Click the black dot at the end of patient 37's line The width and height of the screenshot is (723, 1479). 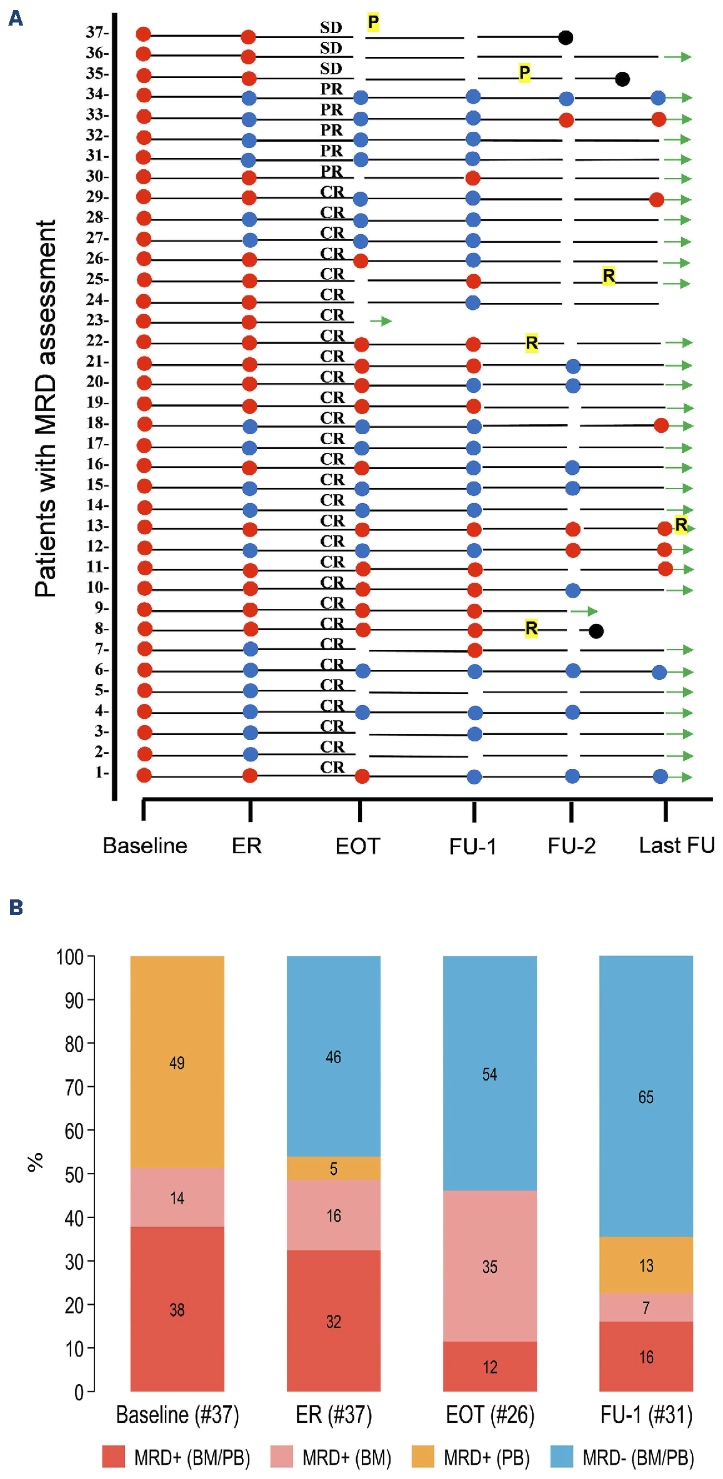(565, 37)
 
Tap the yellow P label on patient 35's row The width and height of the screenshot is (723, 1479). (524, 73)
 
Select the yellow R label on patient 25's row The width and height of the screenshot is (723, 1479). (609, 275)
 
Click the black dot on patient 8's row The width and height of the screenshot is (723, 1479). (596, 631)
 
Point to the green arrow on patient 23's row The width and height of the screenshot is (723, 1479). (381, 321)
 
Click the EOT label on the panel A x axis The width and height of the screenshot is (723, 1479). (357, 846)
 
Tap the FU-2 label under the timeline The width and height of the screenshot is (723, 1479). (571, 846)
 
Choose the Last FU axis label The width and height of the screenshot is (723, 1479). (676, 846)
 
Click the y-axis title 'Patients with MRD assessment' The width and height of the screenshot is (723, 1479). (46, 408)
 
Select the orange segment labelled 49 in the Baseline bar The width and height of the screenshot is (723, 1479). (177, 1062)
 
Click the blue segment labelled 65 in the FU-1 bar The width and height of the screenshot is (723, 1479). (646, 1097)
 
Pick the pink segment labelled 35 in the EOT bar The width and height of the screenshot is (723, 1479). (489, 1266)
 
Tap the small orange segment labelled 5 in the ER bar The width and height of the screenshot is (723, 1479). (333, 1168)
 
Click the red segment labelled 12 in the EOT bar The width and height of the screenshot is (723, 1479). (489, 1367)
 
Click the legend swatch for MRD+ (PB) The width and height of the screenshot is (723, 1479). (422, 1457)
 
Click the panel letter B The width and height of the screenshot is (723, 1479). (16, 907)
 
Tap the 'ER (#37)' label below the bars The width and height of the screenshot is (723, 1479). (334, 1415)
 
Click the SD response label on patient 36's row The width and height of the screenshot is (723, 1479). (331, 48)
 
